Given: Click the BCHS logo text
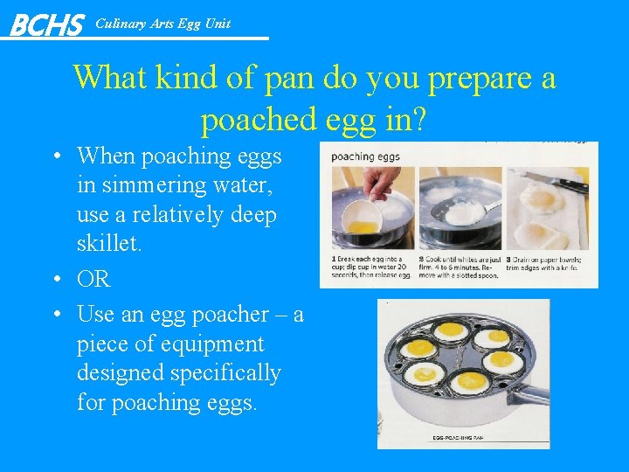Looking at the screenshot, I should [46, 24].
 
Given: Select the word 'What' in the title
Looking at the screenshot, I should [111, 77].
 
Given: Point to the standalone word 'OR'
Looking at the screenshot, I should [93, 279].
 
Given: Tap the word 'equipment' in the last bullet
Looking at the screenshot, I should [208, 344].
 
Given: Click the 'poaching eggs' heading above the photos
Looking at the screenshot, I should [364, 157].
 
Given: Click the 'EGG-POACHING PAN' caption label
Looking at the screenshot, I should [458, 437].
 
